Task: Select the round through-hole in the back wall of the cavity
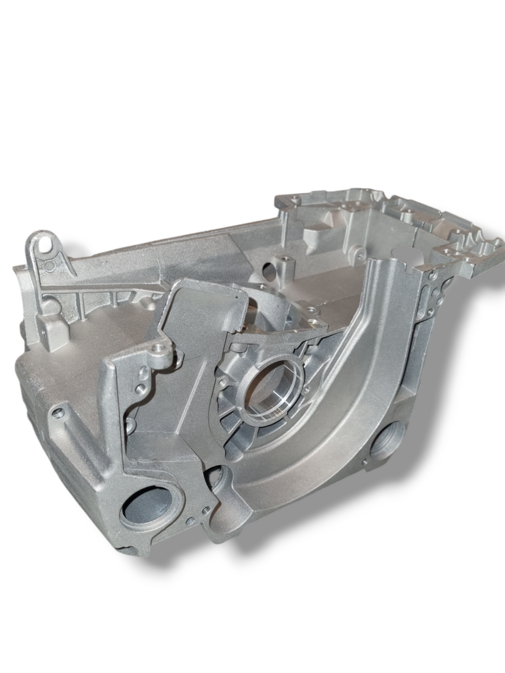click(269, 269)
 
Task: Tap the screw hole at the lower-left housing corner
click(61, 409)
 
